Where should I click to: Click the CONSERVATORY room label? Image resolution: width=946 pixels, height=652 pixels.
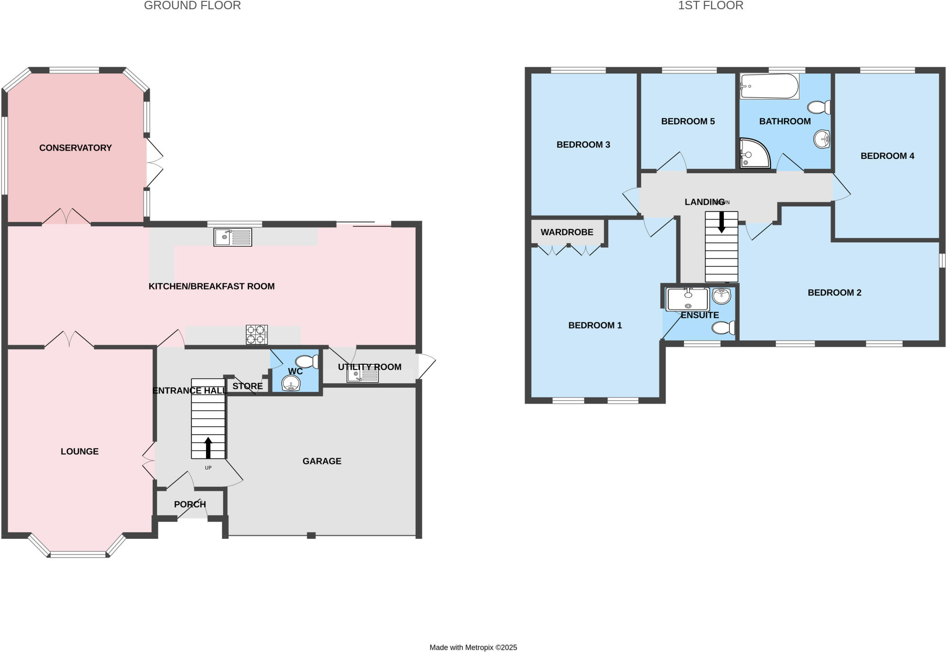pyautogui.click(x=75, y=148)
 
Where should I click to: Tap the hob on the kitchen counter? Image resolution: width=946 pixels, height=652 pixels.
pyautogui.click(x=257, y=335)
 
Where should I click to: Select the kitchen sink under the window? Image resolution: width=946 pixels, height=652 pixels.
pyautogui.click(x=233, y=237)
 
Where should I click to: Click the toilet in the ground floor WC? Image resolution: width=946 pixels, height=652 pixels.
pyautogui.click(x=307, y=361)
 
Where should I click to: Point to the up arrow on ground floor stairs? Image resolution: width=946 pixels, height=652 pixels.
pyautogui.click(x=208, y=447)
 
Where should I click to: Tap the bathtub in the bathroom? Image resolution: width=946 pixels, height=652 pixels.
pyautogui.click(x=769, y=86)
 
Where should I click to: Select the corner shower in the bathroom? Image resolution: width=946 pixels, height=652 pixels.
pyautogui.click(x=754, y=154)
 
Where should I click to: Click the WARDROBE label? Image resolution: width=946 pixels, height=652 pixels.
pyautogui.click(x=567, y=232)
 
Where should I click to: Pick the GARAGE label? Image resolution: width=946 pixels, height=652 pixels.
pyautogui.click(x=322, y=461)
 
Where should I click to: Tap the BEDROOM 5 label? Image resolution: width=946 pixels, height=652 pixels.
pyautogui.click(x=688, y=121)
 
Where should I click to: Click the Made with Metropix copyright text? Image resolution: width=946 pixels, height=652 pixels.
pyautogui.click(x=473, y=647)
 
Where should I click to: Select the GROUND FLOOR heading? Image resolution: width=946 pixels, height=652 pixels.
pyautogui.click(x=192, y=6)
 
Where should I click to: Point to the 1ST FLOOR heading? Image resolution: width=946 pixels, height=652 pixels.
pyautogui.click(x=710, y=6)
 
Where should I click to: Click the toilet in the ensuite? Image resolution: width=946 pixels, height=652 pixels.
pyautogui.click(x=723, y=328)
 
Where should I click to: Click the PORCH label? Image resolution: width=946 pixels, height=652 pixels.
pyautogui.click(x=190, y=504)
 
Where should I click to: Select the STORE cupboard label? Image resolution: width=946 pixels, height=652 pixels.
pyautogui.click(x=248, y=386)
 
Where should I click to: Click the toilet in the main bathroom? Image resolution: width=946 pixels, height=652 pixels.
pyautogui.click(x=819, y=108)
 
